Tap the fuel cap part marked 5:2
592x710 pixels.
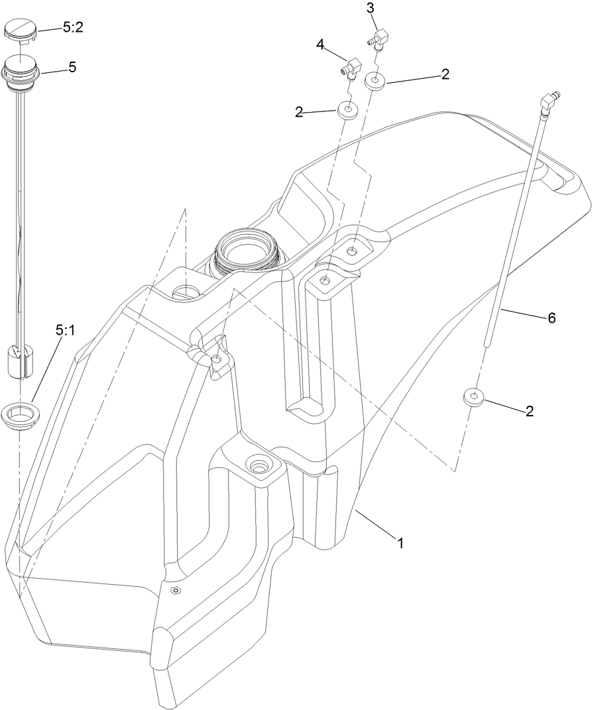21,30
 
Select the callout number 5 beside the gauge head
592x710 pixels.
72,67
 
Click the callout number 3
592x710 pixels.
370,9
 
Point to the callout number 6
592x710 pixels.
551,318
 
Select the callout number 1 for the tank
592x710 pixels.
400,544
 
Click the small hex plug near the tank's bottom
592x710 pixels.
176,590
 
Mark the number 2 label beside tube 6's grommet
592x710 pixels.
529,411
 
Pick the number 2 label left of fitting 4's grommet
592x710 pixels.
299,113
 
